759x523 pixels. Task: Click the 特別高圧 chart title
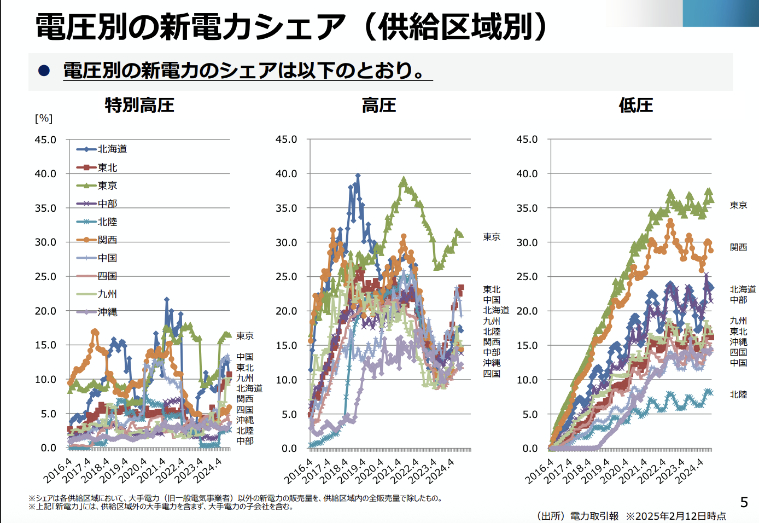(x=139, y=105)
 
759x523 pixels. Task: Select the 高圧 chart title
(x=378, y=105)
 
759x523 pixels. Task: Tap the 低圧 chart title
(x=635, y=105)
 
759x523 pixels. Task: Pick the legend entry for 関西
(x=107, y=240)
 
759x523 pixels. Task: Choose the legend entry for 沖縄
(x=107, y=312)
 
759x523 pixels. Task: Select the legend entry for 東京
(x=107, y=185)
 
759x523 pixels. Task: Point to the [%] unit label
(x=44, y=118)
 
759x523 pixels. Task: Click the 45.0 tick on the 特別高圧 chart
(x=45, y=140)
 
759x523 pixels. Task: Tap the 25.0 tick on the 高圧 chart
(x=286, y=277)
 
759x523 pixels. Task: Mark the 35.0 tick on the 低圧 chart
(x=527, y=208)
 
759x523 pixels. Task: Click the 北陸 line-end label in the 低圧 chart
(x=738, y=394)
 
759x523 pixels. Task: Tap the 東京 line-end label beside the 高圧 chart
(x=492, y=237)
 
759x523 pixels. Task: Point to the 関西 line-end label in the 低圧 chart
(x=738, y=247)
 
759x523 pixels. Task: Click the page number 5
(x=744, y=502)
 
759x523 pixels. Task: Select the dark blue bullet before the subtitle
(x=44, y=71)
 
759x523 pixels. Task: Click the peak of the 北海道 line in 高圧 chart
(x=358, y=176)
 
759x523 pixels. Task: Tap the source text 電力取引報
(x=594, y=516)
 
